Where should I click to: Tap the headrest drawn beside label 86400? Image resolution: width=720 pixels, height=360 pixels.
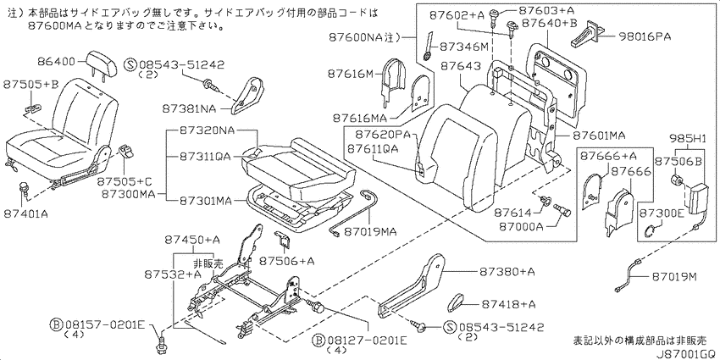tap(99, 61)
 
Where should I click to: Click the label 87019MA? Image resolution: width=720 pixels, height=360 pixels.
tap(370, 230)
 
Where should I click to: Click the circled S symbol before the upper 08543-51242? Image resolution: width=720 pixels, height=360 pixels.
tap(130, 65)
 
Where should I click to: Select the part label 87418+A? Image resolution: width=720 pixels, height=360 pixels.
tap(508, 303)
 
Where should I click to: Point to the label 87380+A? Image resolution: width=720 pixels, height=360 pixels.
tap(508, 272)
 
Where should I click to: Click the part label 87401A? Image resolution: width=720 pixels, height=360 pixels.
tap(25, 213)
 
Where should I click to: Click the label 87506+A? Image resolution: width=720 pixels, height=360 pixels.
tap(286, 261)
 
